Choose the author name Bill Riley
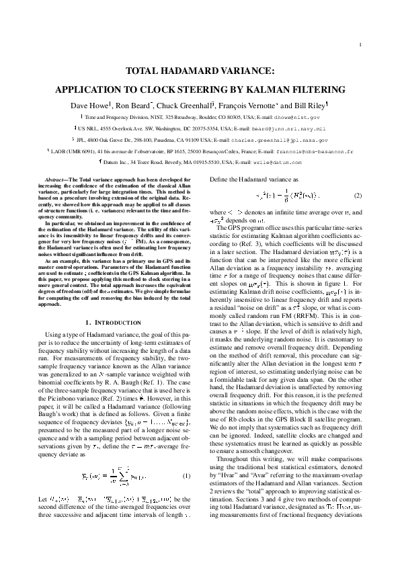tap(309, 106)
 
